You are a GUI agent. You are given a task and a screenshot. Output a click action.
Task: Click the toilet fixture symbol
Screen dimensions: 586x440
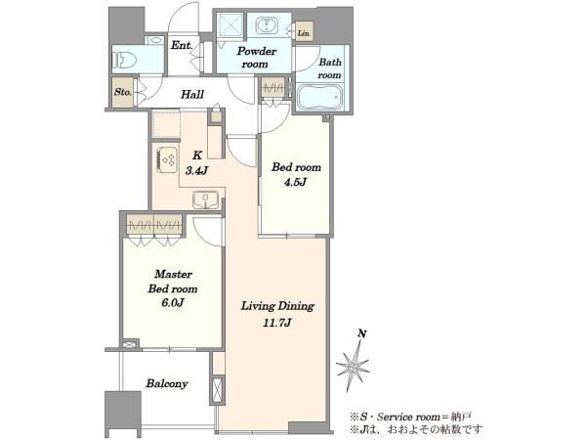(124, 60)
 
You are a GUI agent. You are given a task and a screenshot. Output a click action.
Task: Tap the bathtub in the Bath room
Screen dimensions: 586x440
(320, 97)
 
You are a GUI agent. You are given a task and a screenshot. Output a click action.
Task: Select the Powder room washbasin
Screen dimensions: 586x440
(266, 25)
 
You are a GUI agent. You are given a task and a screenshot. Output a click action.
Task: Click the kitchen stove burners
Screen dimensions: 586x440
(167, 159)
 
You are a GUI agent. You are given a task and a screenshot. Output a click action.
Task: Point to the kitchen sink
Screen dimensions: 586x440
(205, 199)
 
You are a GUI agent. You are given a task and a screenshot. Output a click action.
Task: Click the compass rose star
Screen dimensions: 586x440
(353, 366)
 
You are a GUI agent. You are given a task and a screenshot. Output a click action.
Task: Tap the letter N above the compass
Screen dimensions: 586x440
(361, 333)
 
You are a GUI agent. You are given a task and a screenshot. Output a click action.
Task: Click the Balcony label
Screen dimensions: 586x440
(167, 383)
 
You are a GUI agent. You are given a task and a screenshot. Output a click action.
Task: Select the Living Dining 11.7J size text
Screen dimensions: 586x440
(277, 323)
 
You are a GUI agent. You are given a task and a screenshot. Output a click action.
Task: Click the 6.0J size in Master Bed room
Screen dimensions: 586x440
(172, 303)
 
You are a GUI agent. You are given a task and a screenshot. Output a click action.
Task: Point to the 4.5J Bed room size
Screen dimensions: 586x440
(296, 182)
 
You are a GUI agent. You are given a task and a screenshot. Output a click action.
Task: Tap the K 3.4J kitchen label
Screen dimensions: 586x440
(196, 163)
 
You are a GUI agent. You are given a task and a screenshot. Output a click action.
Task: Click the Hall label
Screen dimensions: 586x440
(192, 94)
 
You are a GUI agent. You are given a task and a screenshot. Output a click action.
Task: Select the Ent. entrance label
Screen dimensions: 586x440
(182, 46)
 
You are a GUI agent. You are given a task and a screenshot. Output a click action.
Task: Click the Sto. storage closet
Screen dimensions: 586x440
(123, 92)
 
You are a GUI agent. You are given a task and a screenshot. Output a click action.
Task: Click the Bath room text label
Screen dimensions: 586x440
(330, 68)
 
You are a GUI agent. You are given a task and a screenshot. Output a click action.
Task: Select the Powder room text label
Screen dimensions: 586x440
(256, 58)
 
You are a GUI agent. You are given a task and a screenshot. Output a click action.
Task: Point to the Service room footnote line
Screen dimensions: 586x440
(410, 417)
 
